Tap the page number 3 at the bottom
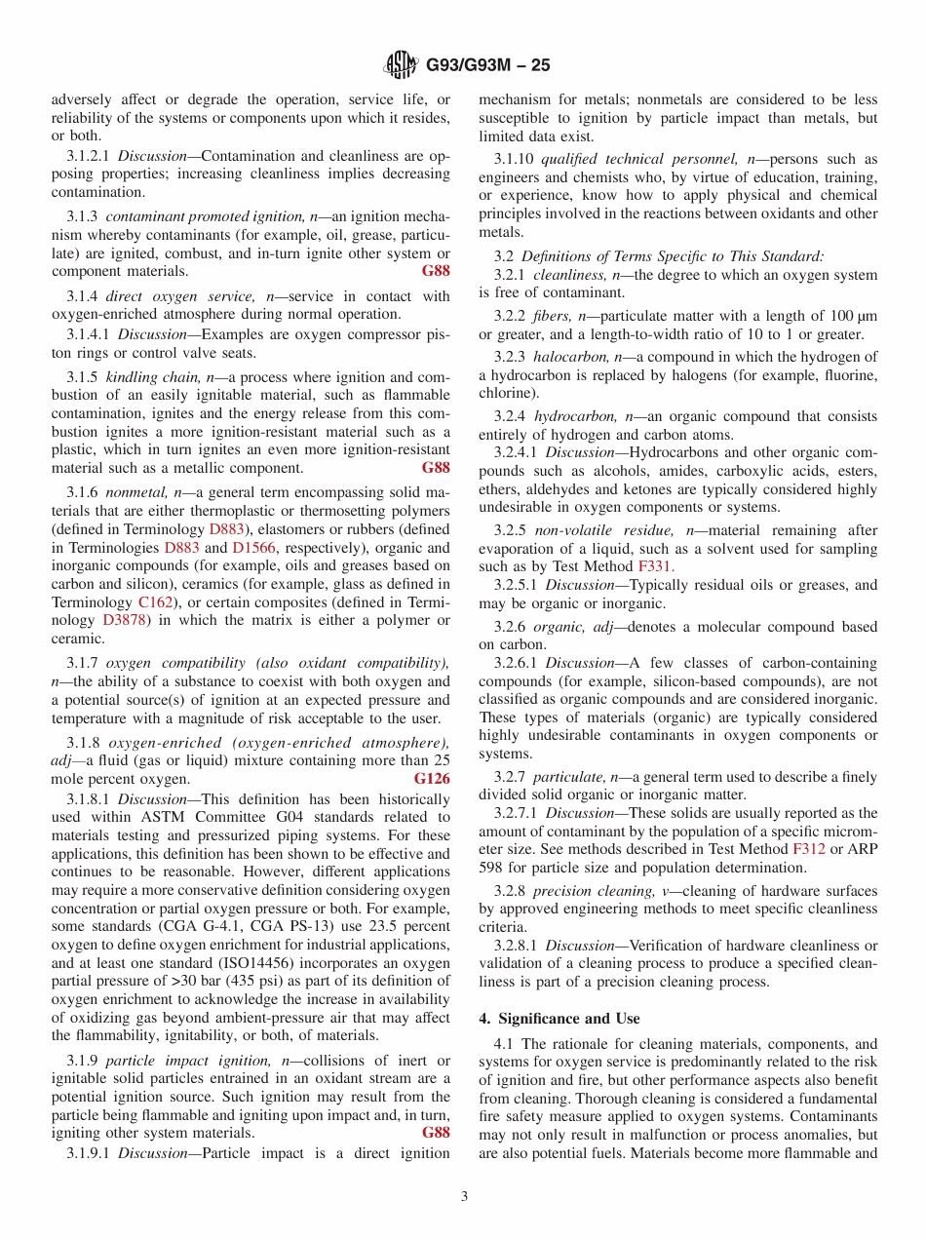pyautogui.click(x=464, y=1196)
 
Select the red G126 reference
pyautogui.click(x=432, y=779)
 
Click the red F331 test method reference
pyautogui.click(x=655, y=565)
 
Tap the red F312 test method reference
pyautogui.click(x=809, y=849)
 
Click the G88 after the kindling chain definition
pyautogui.click(x=436, y=468)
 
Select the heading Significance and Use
pyautogui.click(x=559, y=1018)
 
